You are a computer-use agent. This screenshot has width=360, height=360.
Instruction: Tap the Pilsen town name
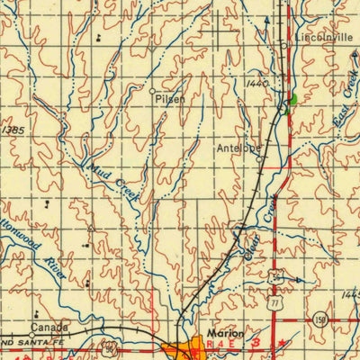coord(170,99)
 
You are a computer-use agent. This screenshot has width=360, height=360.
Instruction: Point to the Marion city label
coord(225,332)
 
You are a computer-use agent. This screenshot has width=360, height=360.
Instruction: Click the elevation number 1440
coord(256,83)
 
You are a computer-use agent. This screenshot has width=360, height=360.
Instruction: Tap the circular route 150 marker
coord(320,319)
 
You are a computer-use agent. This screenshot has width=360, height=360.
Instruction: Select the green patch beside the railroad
coord(292,100)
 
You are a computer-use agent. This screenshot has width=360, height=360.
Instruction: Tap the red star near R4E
coord(283,345)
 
